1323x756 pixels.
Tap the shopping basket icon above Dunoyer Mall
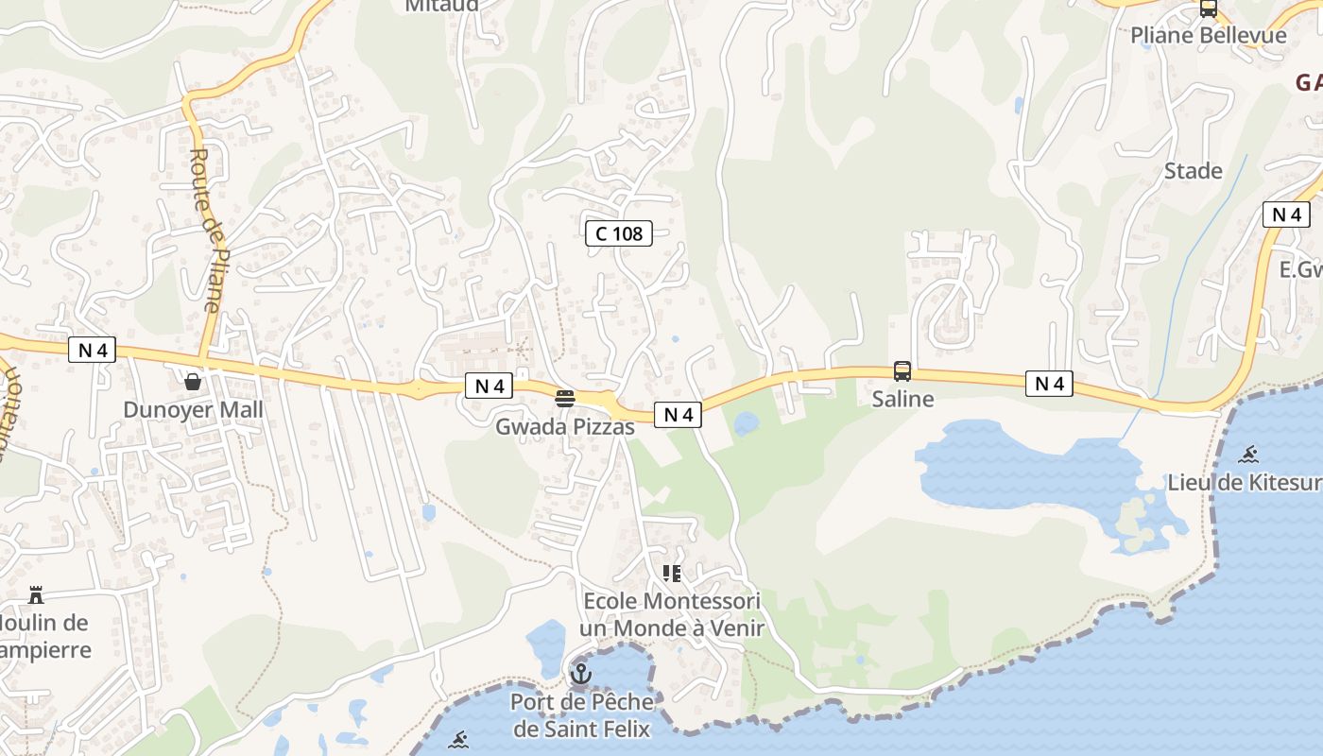tap(193, 382)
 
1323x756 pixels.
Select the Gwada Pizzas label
tap(565, 427)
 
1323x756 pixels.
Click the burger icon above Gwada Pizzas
tap(565, 399)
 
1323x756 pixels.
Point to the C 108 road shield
tap(619, 233)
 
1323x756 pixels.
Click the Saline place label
tap(902, 399)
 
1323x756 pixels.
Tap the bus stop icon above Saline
tap(902, 371)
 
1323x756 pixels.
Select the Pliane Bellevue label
tap(1209, 36)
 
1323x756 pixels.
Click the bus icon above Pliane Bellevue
tap(1208, 9)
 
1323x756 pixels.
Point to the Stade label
tap(1194, 171)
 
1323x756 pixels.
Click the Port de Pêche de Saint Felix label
tap(582, 715)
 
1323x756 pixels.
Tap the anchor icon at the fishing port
tap(581, 674)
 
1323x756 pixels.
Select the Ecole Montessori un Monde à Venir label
tap(672, 614)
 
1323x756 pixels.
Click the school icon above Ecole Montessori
tap(672, 573)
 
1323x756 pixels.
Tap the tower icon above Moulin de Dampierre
tap(36, 595)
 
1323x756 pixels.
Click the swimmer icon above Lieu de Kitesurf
tap(1249, 455)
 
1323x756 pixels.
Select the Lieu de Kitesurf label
tap(1245, 482)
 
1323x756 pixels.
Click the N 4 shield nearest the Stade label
tap(1286, 215)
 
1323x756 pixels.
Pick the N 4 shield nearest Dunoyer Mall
tap(92, 351)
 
